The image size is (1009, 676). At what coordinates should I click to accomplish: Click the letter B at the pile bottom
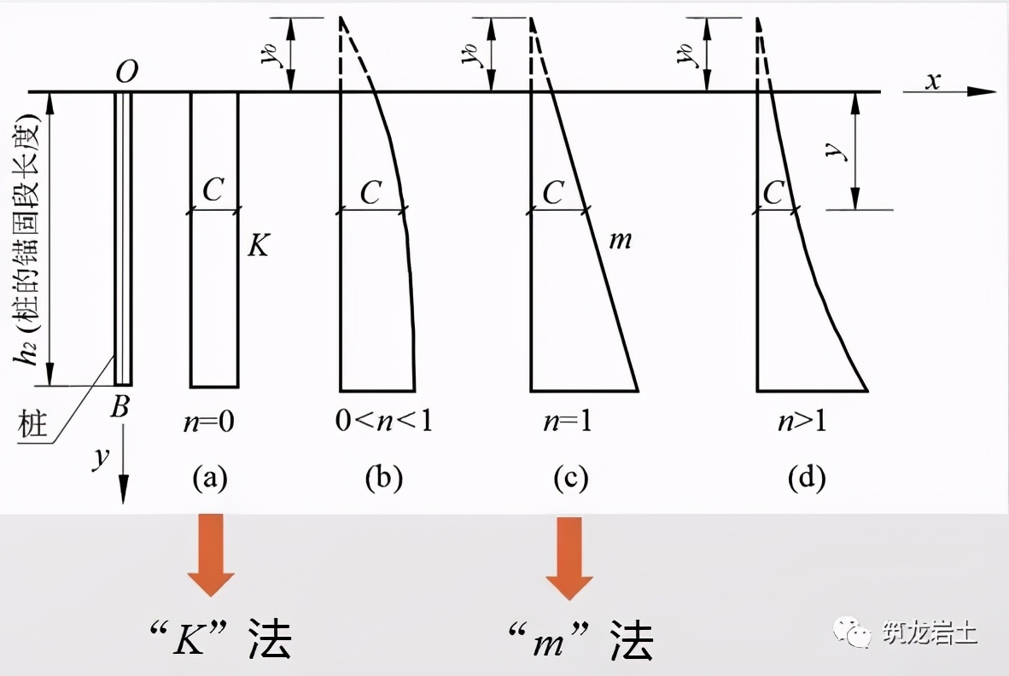coord(120,407)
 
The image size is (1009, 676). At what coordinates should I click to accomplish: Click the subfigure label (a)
coord(210,479)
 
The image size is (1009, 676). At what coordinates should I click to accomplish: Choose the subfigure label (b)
coord(383,479)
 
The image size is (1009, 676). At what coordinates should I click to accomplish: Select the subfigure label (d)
coord(807,479)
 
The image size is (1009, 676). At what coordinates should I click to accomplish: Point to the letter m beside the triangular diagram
coord(621,241)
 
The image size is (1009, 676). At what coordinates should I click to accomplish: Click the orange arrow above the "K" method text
coord(211,554)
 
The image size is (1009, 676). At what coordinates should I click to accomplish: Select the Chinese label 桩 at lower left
coord(32,424)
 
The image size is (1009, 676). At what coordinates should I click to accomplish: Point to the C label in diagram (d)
coord(773,193)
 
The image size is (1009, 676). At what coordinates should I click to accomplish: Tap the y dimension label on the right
coord(841,151)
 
